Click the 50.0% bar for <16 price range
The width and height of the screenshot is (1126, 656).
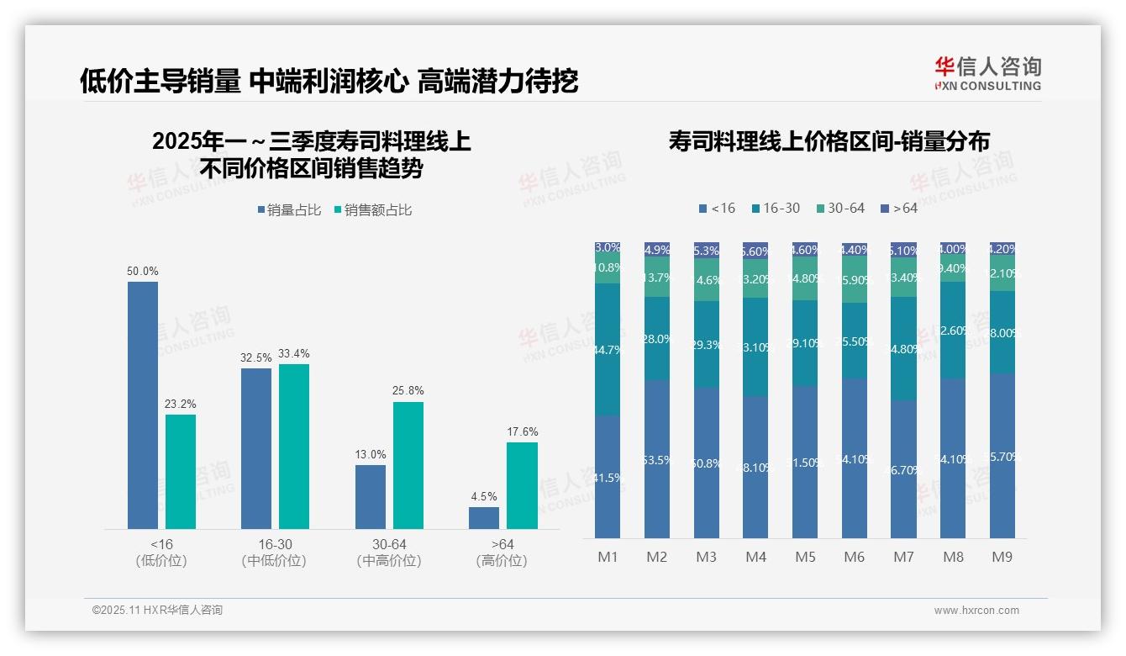tap(143, 405)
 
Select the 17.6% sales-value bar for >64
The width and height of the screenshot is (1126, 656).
tap(522, 485)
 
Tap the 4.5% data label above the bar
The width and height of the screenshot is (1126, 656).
tap(484, 497)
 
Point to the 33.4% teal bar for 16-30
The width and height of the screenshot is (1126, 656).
tap(294, 446)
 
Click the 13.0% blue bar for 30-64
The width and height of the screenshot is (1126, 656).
tap(371, 496)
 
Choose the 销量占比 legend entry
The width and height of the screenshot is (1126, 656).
tap(289, 210)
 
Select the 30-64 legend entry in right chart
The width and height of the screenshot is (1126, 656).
tap(839, 208)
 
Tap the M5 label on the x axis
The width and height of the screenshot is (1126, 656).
tap(806, 557)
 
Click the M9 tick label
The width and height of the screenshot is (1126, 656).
tap(1002, 557)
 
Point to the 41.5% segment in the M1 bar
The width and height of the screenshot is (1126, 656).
tap(608, 477)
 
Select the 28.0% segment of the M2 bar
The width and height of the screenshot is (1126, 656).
tap(657, 338)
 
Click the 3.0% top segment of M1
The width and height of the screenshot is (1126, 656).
tap(608, 248)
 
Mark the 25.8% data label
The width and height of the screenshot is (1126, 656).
tap(408, 391)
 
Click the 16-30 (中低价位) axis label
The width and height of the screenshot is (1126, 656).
tap(274, 553)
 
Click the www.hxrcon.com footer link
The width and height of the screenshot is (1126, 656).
tap(976, 611)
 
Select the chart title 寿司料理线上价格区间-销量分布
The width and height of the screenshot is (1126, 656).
tap(829, 141)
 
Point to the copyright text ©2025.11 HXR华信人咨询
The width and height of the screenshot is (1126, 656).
tap(157, 611)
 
